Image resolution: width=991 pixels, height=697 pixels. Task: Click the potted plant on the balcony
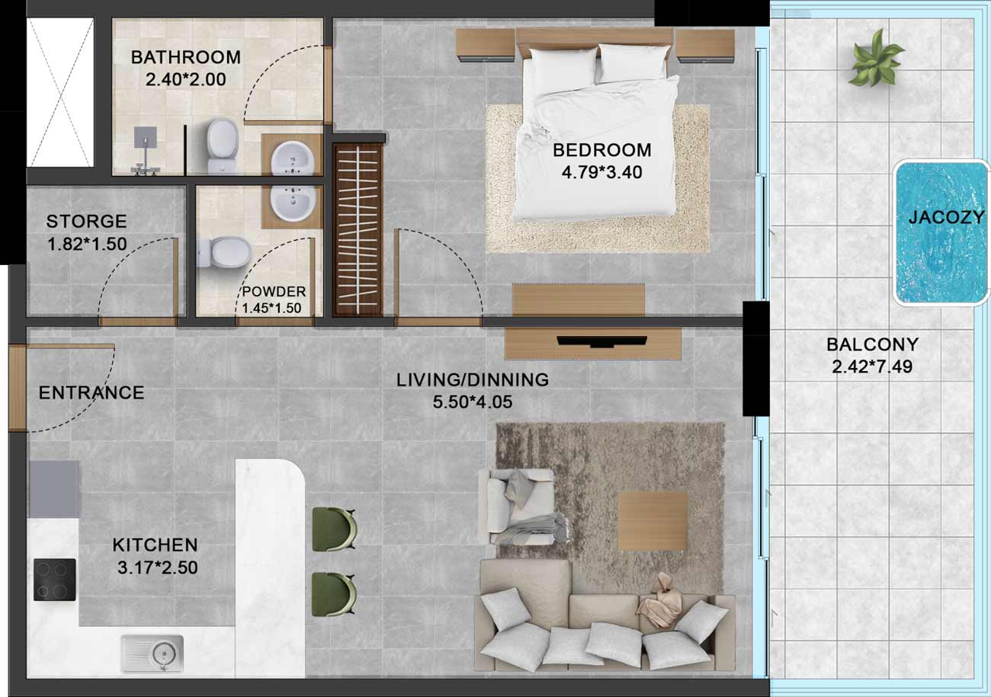click(876, 59)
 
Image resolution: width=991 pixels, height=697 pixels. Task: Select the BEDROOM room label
click(601, 150)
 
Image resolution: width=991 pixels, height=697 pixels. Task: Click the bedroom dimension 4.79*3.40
click(601, 172)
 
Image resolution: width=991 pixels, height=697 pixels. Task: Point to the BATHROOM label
click(186, 57)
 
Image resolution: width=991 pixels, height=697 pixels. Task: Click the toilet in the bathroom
click(222, 145)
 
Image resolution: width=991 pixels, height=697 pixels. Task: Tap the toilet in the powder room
click(223, 252)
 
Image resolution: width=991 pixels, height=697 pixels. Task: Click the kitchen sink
click(152, 654)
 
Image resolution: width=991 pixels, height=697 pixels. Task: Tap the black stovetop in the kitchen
click(55, 580)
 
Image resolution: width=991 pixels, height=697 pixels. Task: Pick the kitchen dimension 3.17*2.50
click(158, 568)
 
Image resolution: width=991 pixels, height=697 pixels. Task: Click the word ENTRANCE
click(91, 392)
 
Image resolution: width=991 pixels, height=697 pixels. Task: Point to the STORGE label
click(87, 221)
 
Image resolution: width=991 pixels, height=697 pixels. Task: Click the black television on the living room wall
click(601, 341)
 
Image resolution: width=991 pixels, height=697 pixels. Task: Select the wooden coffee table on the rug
click(653, 522)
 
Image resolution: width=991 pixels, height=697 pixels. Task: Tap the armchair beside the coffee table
click(522, 507)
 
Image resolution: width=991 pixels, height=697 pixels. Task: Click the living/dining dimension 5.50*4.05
click(473, 402)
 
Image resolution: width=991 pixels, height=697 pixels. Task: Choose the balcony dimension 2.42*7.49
click(872, 367)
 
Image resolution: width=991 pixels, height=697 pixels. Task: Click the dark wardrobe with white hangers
click(358, 230)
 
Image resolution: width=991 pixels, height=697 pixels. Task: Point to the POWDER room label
click(274, 292)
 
